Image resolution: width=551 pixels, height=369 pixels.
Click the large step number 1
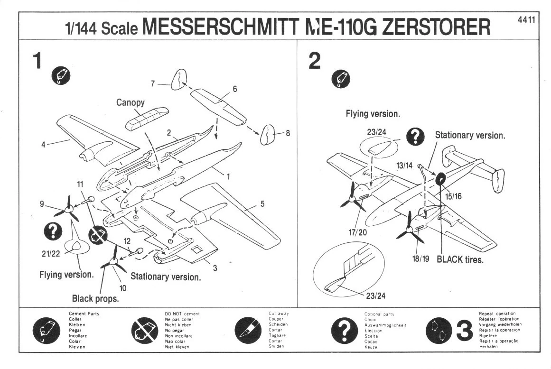coord(37,61)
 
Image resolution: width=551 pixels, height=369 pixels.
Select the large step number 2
coord(314,61)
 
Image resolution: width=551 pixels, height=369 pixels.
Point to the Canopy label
coord(130,102)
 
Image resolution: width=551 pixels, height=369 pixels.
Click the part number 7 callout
coord(153,84)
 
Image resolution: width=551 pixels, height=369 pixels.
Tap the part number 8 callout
coord(288,133)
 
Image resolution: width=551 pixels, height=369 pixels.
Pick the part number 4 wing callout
coord(43,145)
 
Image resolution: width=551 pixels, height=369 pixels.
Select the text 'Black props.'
coord(95,299)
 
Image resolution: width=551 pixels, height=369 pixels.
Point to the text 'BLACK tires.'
coord(460,260)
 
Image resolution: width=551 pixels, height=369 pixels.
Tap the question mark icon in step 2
coord(416,137)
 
